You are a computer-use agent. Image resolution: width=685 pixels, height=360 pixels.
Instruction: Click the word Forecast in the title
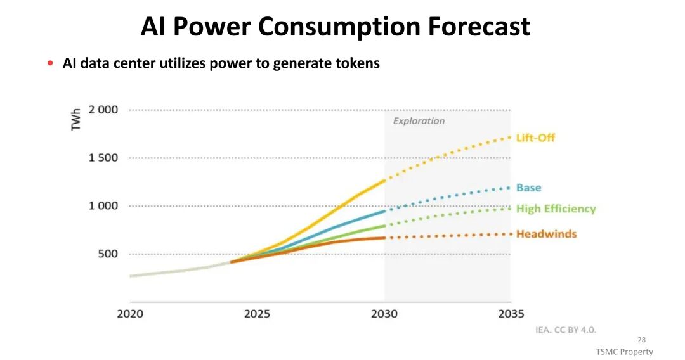coord(479,27)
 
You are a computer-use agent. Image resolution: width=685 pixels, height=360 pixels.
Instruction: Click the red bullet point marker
coord(50,63)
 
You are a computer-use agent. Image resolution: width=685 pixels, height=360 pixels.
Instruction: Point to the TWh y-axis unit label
coord(76,119)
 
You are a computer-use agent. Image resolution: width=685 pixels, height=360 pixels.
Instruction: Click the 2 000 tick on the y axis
coord(103,110)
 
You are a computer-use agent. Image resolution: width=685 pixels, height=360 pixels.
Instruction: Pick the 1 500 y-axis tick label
coord(103,158)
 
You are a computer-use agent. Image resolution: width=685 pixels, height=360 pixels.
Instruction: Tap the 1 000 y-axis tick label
coord(103,206)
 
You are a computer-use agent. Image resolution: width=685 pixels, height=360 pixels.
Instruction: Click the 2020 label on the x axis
coord(130,314)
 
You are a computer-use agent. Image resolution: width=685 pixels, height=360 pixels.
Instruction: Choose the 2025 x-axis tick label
coord(257,314)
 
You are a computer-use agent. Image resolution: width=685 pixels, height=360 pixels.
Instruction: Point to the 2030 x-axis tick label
coord(384,314)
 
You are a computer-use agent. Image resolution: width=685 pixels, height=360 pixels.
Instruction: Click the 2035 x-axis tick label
coord(511,314)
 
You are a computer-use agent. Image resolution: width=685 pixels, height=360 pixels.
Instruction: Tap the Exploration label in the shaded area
coord(419,121)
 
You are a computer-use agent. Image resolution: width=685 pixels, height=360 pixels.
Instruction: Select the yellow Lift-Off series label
coord(535,138)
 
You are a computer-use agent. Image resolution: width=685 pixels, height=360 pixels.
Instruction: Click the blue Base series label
coord(528,188)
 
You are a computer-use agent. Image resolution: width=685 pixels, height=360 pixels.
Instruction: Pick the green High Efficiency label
coord(556,209)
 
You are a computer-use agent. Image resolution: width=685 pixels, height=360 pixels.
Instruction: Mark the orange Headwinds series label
coord(546,234)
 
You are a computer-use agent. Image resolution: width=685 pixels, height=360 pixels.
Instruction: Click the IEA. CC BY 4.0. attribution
coord(566,330)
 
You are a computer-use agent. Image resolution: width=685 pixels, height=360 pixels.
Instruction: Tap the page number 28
coord(641,340)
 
